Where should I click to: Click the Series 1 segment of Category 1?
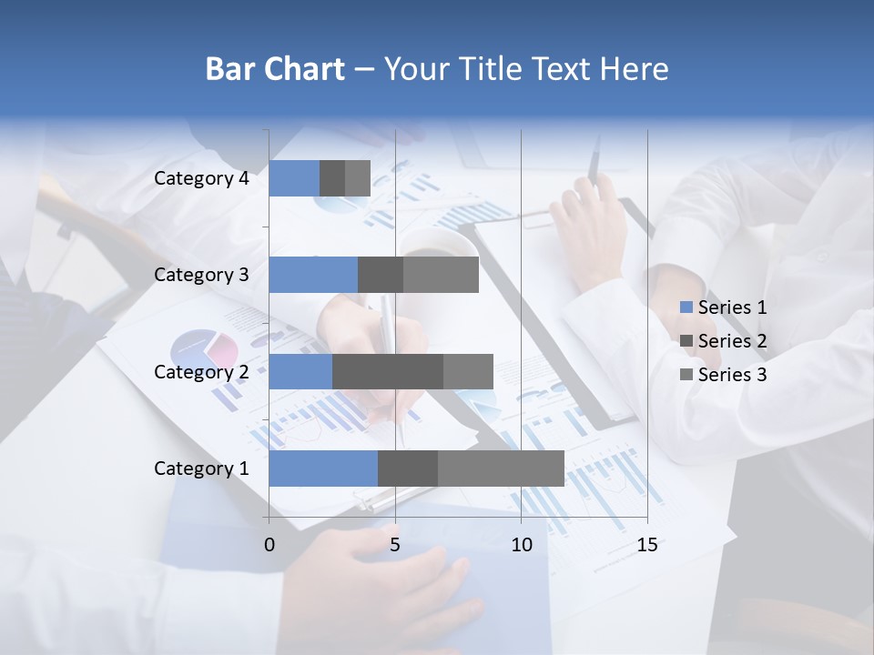tap(323, 469)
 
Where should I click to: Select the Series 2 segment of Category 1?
tap(408, 469)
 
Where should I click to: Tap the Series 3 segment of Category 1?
tap(501, 469)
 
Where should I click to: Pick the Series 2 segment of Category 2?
tap(388, 371)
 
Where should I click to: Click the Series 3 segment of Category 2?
tap(468, 371)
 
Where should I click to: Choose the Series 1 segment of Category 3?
tap(313, 275)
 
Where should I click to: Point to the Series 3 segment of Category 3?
tap(441, 275)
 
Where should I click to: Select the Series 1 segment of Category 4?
tap(294, 178)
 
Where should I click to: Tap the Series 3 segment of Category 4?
tap(358, 178)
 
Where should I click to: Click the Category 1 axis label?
tap(201, 469)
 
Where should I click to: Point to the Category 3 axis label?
tap(201, 275)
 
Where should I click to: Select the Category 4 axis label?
tap(201, 178)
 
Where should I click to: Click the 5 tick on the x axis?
tap(395, 545)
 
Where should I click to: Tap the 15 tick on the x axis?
tap(647, 545)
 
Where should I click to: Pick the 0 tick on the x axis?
tap(269, 545)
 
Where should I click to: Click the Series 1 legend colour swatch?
tap(686, 307)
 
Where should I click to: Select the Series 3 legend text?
tap(732, 375)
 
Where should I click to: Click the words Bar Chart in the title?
tap(275, 69)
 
